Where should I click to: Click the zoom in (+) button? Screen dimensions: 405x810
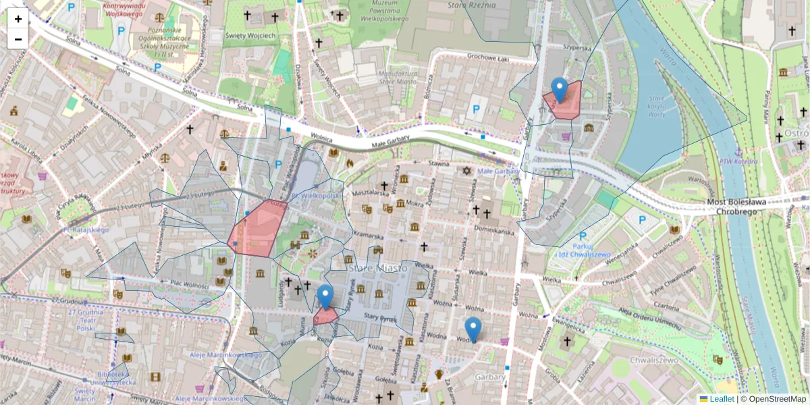pos(18,19)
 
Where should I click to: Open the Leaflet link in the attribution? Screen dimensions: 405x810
pos(722,399)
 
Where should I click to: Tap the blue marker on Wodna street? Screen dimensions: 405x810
pos(473,329)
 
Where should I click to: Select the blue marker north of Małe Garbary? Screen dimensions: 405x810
pos(559,90)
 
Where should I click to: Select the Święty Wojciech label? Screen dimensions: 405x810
pos(252,35)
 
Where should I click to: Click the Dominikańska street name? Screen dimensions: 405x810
pos(495,230)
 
